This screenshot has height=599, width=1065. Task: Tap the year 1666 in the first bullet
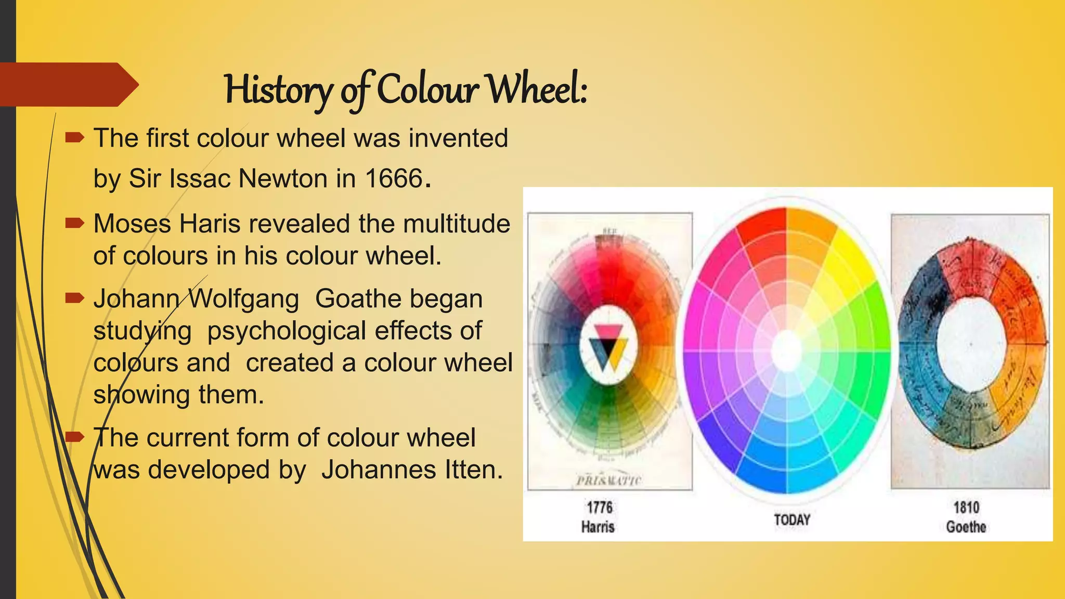[394, 179]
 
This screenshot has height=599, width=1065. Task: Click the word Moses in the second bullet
[132, 224]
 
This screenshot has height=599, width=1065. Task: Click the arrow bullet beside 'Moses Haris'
[75, 224]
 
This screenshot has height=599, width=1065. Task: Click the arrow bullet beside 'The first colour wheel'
[75, 138]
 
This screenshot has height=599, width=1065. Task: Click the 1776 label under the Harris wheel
[600, 507]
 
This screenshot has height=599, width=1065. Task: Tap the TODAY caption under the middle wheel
[791, 519]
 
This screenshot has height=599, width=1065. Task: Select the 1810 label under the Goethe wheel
[966, 507]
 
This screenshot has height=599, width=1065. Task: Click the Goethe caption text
[966, 527]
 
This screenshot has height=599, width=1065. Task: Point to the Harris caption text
[598, 527]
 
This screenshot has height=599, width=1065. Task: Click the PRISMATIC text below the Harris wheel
[609, 480]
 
